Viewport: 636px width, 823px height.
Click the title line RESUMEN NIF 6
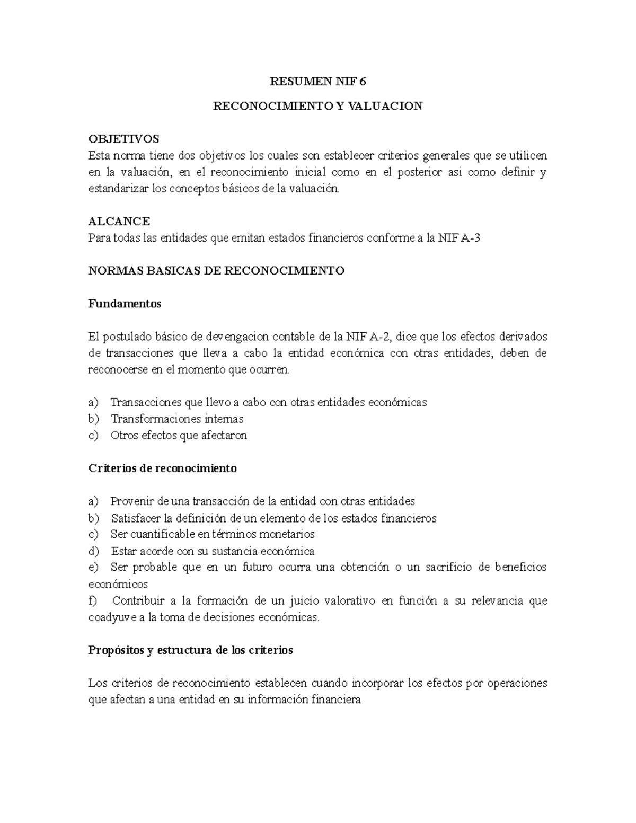pos(318,82)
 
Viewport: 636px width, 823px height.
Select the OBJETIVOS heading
pos(123,139)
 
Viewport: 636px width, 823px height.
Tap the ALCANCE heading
pos(119,221)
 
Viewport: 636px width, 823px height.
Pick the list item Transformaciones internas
pos(177,419)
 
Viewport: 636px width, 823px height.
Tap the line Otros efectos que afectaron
pos(179,436)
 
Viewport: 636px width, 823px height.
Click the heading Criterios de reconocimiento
pos(162,468)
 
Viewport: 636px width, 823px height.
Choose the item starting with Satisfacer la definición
pos(273,518)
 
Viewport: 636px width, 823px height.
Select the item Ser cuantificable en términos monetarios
pos(213,534)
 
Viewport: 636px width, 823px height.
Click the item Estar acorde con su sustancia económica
pos(213,551)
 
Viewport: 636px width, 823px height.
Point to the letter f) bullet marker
pos(93,601)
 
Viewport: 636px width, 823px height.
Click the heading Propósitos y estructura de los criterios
pos(190,650)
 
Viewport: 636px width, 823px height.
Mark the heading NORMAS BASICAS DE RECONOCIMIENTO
pos(216,271)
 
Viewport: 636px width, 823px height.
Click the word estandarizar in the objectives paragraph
pos(118,188)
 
